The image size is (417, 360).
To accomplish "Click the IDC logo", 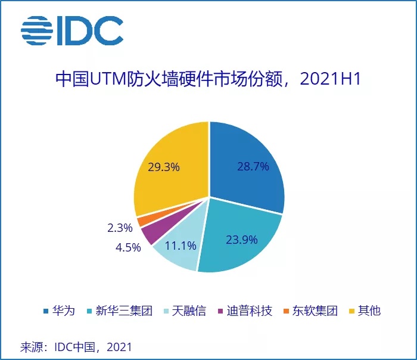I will click(x=71, y=30).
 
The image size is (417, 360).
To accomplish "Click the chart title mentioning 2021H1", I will click(x=208, y=79).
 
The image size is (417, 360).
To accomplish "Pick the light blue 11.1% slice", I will click(x=179, y=250).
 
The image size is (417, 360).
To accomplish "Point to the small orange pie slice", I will click(x=142, y=221).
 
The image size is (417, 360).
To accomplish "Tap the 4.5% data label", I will click(x=129, y=247).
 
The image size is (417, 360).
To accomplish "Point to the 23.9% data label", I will click(x=242, y=240).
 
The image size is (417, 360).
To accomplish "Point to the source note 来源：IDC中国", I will click(x=76, y=346).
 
